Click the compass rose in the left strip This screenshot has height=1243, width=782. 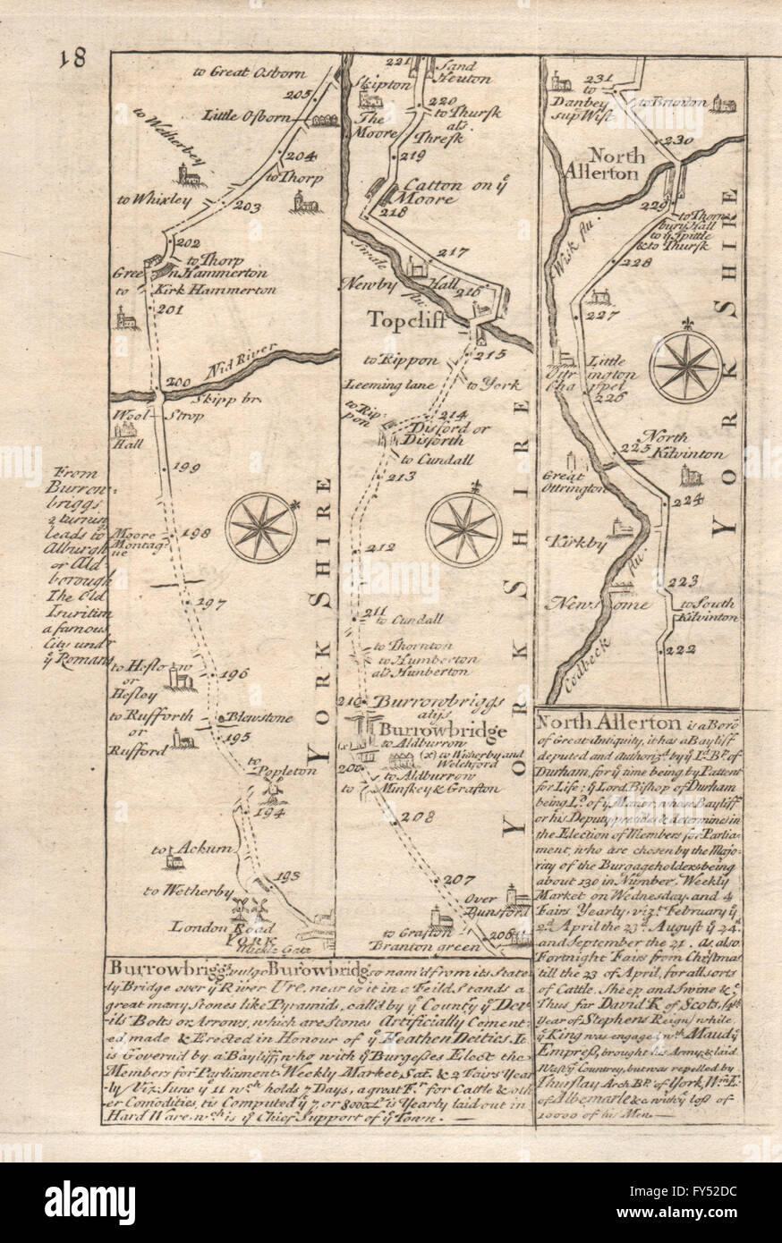click(x=261, y=527)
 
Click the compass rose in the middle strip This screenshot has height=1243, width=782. click(x=463, y=529)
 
